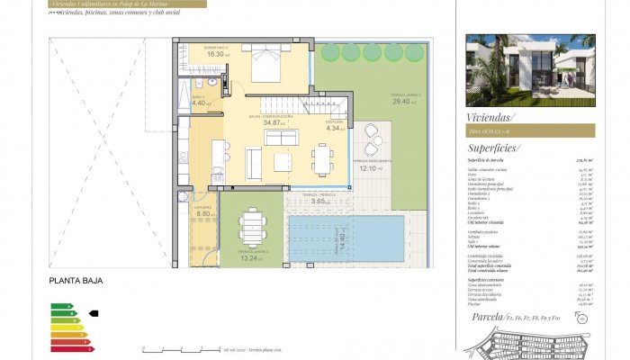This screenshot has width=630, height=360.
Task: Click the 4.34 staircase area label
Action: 333,128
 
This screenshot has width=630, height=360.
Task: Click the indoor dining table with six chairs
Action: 324,158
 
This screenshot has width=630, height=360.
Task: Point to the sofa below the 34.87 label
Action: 280,138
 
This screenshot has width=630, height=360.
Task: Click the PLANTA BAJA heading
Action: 76,282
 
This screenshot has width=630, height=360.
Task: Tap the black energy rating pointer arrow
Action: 93,314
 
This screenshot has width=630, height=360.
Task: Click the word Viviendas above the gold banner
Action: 490,117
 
